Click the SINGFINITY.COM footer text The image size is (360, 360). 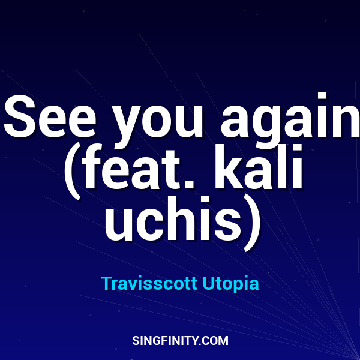pyautogui.click(x=180, y=340)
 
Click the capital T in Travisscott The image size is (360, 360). pyautogui.click(x=107, y=283)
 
